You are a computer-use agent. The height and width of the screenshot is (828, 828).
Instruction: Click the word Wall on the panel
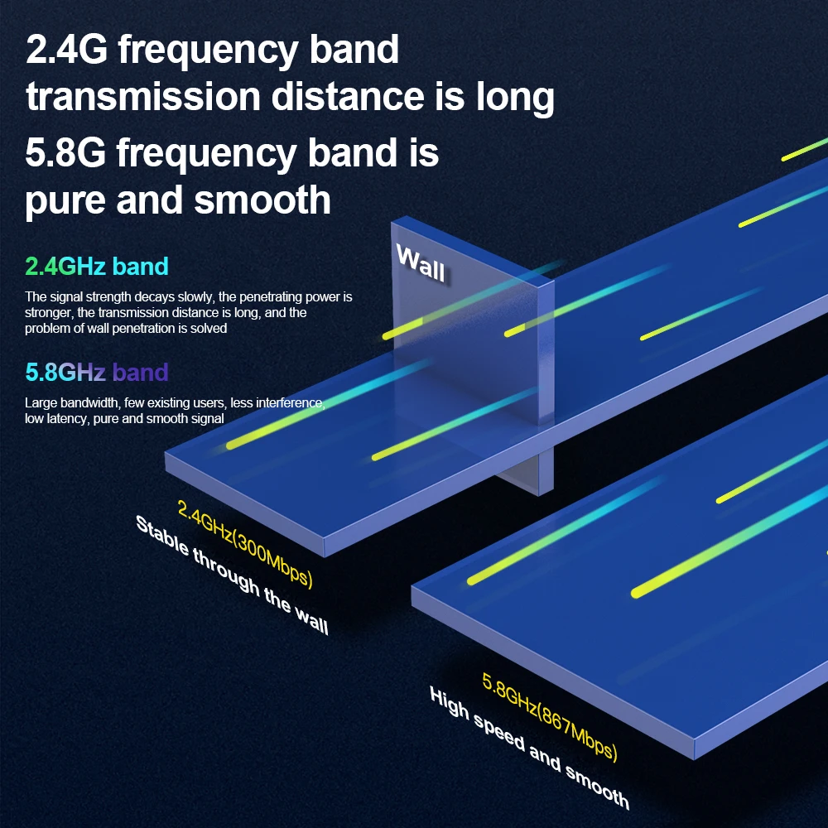[x=421, y=263]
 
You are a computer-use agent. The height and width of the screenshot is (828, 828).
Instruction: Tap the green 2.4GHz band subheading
[x=97, y=267]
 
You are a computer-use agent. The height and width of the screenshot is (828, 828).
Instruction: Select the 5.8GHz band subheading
[x=97, y=372]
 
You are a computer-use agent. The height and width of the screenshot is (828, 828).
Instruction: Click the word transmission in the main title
[x=142, y=98]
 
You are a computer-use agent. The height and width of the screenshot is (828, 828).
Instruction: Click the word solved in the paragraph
[x=208, y=328]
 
